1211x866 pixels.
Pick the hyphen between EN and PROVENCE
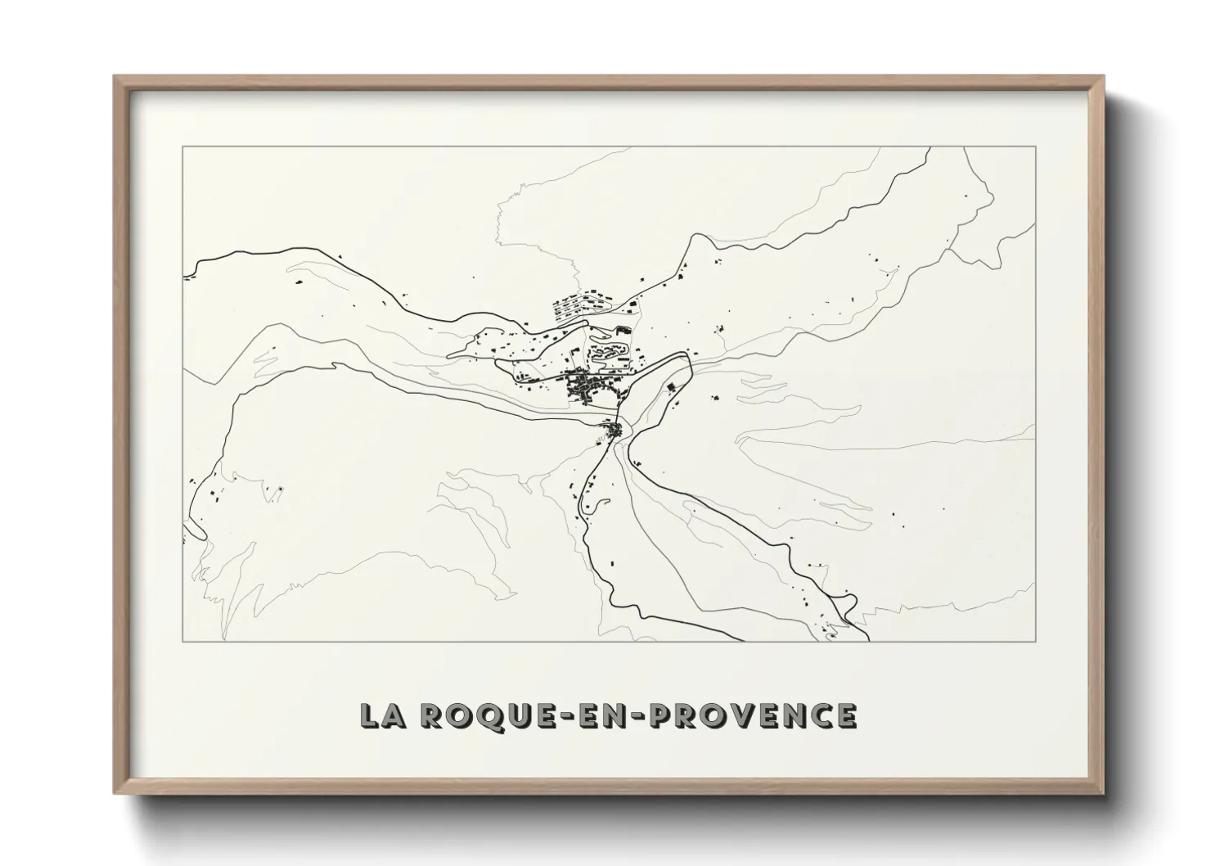pos(639,717)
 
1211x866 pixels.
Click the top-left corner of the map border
pos(182,147)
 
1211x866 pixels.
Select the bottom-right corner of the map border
pos(1036,642)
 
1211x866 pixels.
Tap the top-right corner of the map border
pos(1036,147)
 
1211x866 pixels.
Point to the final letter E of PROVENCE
pos(845,715)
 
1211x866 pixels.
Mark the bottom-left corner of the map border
pos(182,642)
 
